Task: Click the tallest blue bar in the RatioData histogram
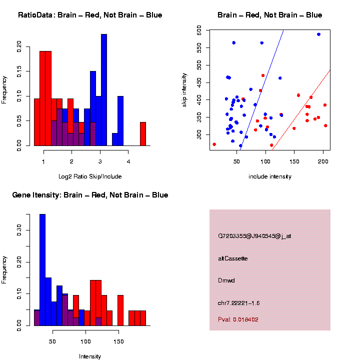click(x=104, y=90)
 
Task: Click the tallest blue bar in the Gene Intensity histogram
click(x=42, y=270)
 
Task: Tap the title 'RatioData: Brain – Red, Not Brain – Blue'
click(x=90, y=15)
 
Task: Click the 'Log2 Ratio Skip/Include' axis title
click(x=90, y=176)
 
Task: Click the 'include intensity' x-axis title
click(x=270, y=176)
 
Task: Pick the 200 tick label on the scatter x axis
click(x=323, y=161)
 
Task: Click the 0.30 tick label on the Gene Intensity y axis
click(x=19, y=230)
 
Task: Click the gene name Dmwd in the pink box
click(x=226, y=280)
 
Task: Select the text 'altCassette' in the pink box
click(x=233, y=258)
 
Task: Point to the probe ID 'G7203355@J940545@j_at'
click(x=254, y=235)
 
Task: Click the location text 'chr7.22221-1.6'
click(x=239, y=303)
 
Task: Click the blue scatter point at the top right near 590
click(x=318, y=34)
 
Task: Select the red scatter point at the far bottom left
click(x=214, y=144)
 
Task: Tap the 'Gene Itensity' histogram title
click(x=90, y=195)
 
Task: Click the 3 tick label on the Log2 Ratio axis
click(x=100, y=161)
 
